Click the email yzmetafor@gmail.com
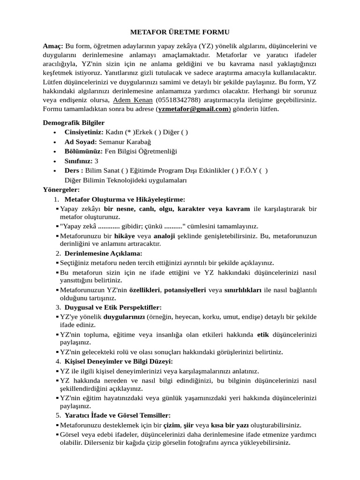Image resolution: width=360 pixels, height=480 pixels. [x=193, y=109]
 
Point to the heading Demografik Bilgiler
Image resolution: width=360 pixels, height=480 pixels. [x=74, y=123]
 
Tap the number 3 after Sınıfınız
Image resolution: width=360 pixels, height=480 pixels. [x=97, y=161]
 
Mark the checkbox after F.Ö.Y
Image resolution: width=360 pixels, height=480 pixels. [x=264, y=170]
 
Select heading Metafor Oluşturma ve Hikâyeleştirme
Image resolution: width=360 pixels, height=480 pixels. [x=125, y=199]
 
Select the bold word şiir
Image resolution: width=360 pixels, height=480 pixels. [x=188, y=425]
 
